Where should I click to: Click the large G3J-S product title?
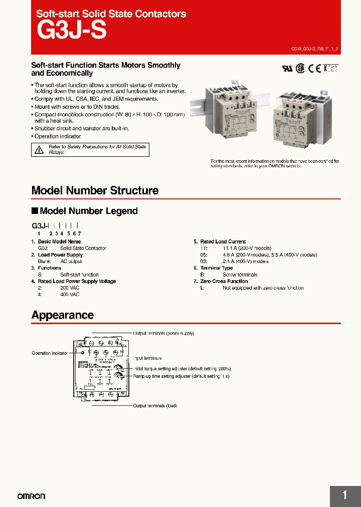(x=72, y=31)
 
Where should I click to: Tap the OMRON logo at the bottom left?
(x=31, y=496)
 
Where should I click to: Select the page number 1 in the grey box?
(x=344, y=495)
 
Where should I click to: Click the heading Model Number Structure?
(x=95, y=191)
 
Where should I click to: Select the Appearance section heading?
(x=62, y=316)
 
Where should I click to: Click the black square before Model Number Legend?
(x=35, y=211)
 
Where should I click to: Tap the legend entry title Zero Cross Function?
(x=224, y=281)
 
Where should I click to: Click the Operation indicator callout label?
(x=49, y=353)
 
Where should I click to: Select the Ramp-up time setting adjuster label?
(x=181, y=376)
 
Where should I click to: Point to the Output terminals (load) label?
(x=155, y=406)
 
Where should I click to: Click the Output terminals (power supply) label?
(x=163, y=333)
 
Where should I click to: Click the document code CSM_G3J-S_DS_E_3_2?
(x=315, y=50)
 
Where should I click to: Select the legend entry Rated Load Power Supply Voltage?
(x=77, y=281)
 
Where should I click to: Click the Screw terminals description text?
(x=240, y=275)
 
